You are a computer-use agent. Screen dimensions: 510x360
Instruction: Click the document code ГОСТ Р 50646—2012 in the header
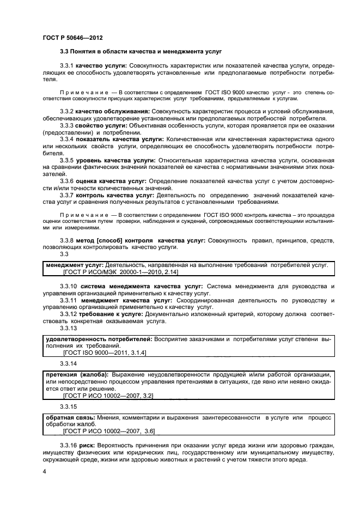[72, 38]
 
